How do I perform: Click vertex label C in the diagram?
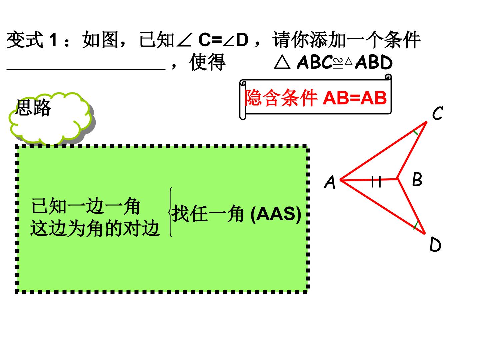[438, 113]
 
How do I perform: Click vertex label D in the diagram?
[435, 244]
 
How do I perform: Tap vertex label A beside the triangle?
[330, 182]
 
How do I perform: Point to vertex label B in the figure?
[417, 179]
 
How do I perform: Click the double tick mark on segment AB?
[376, 182]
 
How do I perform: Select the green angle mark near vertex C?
[415, 132]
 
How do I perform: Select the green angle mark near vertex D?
[416, 226]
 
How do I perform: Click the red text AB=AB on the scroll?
[355, 98]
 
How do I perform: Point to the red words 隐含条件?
[281, 98]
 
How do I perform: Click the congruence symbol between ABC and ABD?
[338, 63]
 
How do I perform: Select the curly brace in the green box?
[170, 212]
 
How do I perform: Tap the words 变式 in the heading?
[25, 40]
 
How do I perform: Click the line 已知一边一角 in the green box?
[86, 206]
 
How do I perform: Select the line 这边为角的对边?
[95, 228]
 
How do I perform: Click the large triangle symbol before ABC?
[282, 63]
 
